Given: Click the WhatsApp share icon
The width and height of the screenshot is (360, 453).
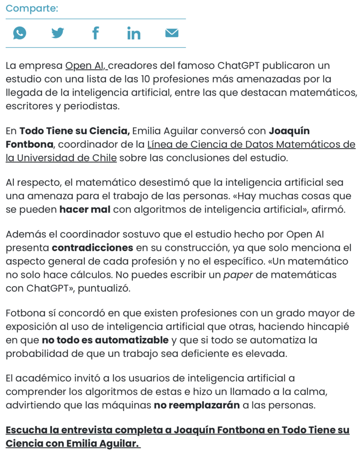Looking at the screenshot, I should point(19,33).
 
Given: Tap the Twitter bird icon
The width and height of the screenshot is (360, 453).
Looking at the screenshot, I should point(57,33).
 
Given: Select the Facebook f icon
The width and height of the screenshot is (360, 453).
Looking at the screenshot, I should point(95,33).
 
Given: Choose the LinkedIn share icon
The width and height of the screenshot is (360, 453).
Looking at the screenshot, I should point(134,33).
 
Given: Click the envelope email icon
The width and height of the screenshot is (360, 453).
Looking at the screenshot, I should point(172,33).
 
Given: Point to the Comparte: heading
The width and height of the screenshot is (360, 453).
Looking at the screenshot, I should point(32,8).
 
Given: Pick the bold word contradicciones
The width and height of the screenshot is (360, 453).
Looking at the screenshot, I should point(92,248).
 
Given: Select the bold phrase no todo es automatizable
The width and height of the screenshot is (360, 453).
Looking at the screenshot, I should point(105,341).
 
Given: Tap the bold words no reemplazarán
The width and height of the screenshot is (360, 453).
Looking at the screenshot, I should point(197,405).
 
